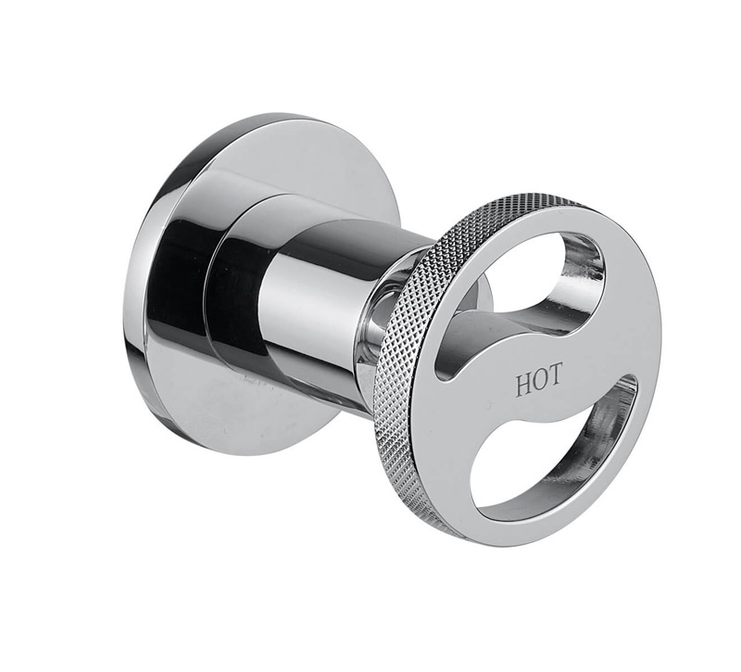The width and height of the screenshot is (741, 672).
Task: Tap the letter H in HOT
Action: [522, 385]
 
